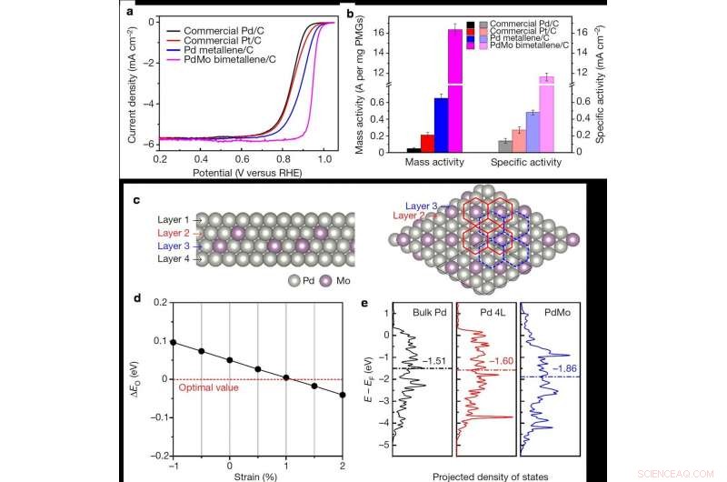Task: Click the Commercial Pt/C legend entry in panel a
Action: [233, 38]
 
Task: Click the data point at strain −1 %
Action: [174, 344]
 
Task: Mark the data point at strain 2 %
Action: [341, 395]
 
